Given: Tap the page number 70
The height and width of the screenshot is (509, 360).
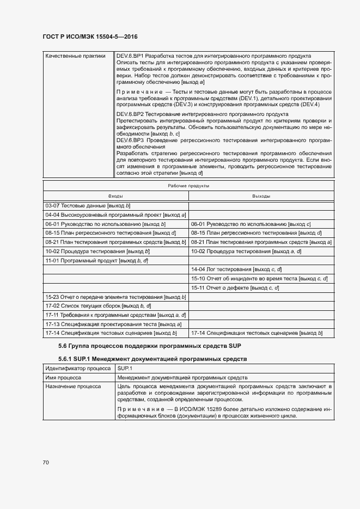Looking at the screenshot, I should [46, 463].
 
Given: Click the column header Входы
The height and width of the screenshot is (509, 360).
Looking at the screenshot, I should [115, 195].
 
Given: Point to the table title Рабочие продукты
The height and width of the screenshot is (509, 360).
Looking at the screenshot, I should [188, 186].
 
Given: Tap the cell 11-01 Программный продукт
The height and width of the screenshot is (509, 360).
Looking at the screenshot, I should [96, 261].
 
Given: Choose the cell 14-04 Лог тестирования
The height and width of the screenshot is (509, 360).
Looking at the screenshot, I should [236, 269].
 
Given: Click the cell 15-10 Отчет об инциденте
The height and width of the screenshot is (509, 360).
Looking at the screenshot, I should [259, 279].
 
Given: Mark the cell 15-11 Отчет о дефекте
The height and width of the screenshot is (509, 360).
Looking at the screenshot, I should [235, 287].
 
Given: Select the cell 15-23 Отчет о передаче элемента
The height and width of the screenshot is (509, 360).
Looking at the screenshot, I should [115, 297].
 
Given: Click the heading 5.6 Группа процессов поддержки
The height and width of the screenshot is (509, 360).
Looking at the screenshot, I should [150, 346].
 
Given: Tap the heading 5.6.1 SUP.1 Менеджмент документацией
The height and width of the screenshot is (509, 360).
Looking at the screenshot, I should [152, 359].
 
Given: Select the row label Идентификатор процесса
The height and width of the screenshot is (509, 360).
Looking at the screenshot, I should [78, 369].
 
